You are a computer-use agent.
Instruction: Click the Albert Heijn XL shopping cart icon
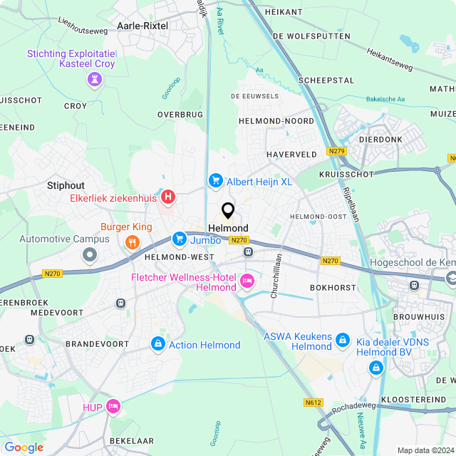tap(214, 181)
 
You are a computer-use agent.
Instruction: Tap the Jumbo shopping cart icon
tap(180, 239)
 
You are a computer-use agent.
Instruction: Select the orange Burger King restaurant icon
tap(132, 242)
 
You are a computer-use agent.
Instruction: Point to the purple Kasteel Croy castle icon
tap(93, 81)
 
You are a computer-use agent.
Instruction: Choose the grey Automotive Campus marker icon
tap(90, 254)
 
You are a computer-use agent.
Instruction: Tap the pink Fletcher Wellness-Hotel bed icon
tap(248, 281)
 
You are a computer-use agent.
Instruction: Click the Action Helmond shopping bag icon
tap(157, 344)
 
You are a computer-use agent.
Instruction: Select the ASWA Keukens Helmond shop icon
tap(343, 341)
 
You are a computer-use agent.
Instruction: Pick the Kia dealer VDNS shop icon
tap(375, 367)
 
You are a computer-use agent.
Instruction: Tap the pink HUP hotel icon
tap(113, 406)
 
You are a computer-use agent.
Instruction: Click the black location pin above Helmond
tap(228, 211)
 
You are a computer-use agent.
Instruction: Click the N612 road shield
tap(313, 403)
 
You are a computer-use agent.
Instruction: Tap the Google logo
tap(24, 447)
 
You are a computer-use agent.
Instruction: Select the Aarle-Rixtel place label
tap(143, 25)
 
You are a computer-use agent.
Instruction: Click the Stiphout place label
tap(66, 185)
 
